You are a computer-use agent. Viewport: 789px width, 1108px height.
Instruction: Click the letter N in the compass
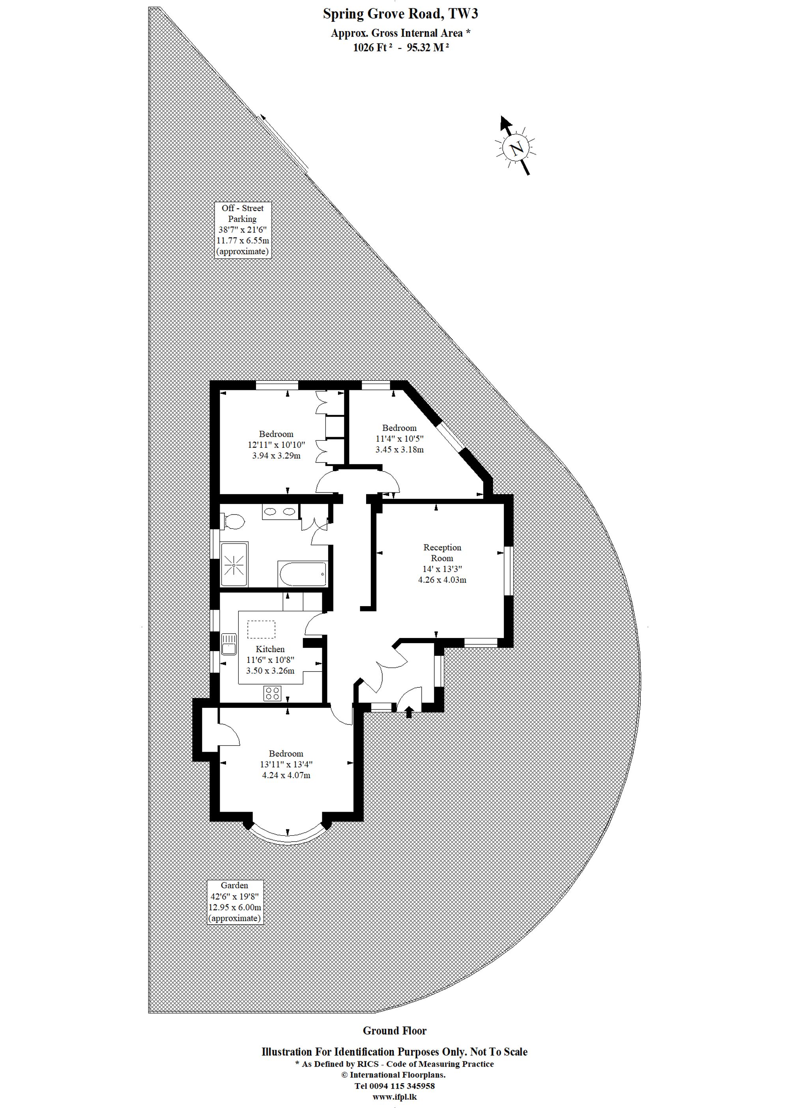pos(516,147)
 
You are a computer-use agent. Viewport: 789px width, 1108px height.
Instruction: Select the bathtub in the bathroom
pos(302,574)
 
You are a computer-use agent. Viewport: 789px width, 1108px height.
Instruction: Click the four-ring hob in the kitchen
pos(273,693)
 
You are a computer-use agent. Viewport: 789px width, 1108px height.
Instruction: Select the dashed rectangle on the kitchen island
pos(262,629)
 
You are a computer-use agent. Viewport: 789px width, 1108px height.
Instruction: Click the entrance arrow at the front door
pos(409,712)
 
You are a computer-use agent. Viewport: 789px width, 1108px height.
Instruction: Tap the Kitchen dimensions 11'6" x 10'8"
pos(270,660)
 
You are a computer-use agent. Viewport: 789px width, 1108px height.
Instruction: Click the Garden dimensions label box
pos(235,902)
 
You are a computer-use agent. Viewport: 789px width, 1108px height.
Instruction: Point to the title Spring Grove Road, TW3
pos(400,14)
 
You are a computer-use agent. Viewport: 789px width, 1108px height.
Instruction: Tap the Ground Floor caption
pos(394,1031)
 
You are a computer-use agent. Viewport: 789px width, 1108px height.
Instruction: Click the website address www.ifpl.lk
pos(394,1097)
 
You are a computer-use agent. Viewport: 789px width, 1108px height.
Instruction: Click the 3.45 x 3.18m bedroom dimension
pos(399,449)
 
